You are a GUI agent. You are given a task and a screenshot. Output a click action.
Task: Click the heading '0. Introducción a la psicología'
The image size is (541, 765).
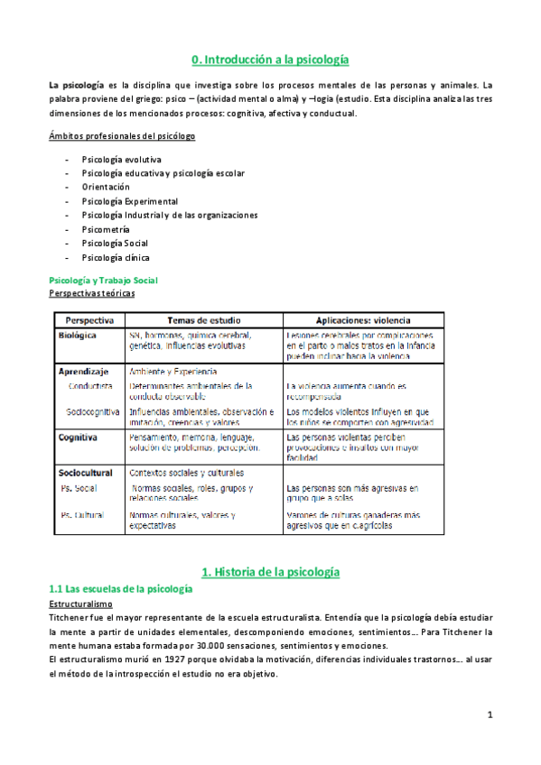tap(270, 60)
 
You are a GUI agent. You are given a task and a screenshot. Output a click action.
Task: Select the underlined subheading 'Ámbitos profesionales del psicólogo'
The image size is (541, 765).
tap(122, 136)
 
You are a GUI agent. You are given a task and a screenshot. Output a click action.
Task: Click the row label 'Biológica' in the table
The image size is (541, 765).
tap(78, 335)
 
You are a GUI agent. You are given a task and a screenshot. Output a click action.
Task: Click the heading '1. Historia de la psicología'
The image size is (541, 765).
tap(270, 572)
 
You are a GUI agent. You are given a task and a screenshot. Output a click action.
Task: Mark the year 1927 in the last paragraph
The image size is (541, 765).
tap(182, 660)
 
